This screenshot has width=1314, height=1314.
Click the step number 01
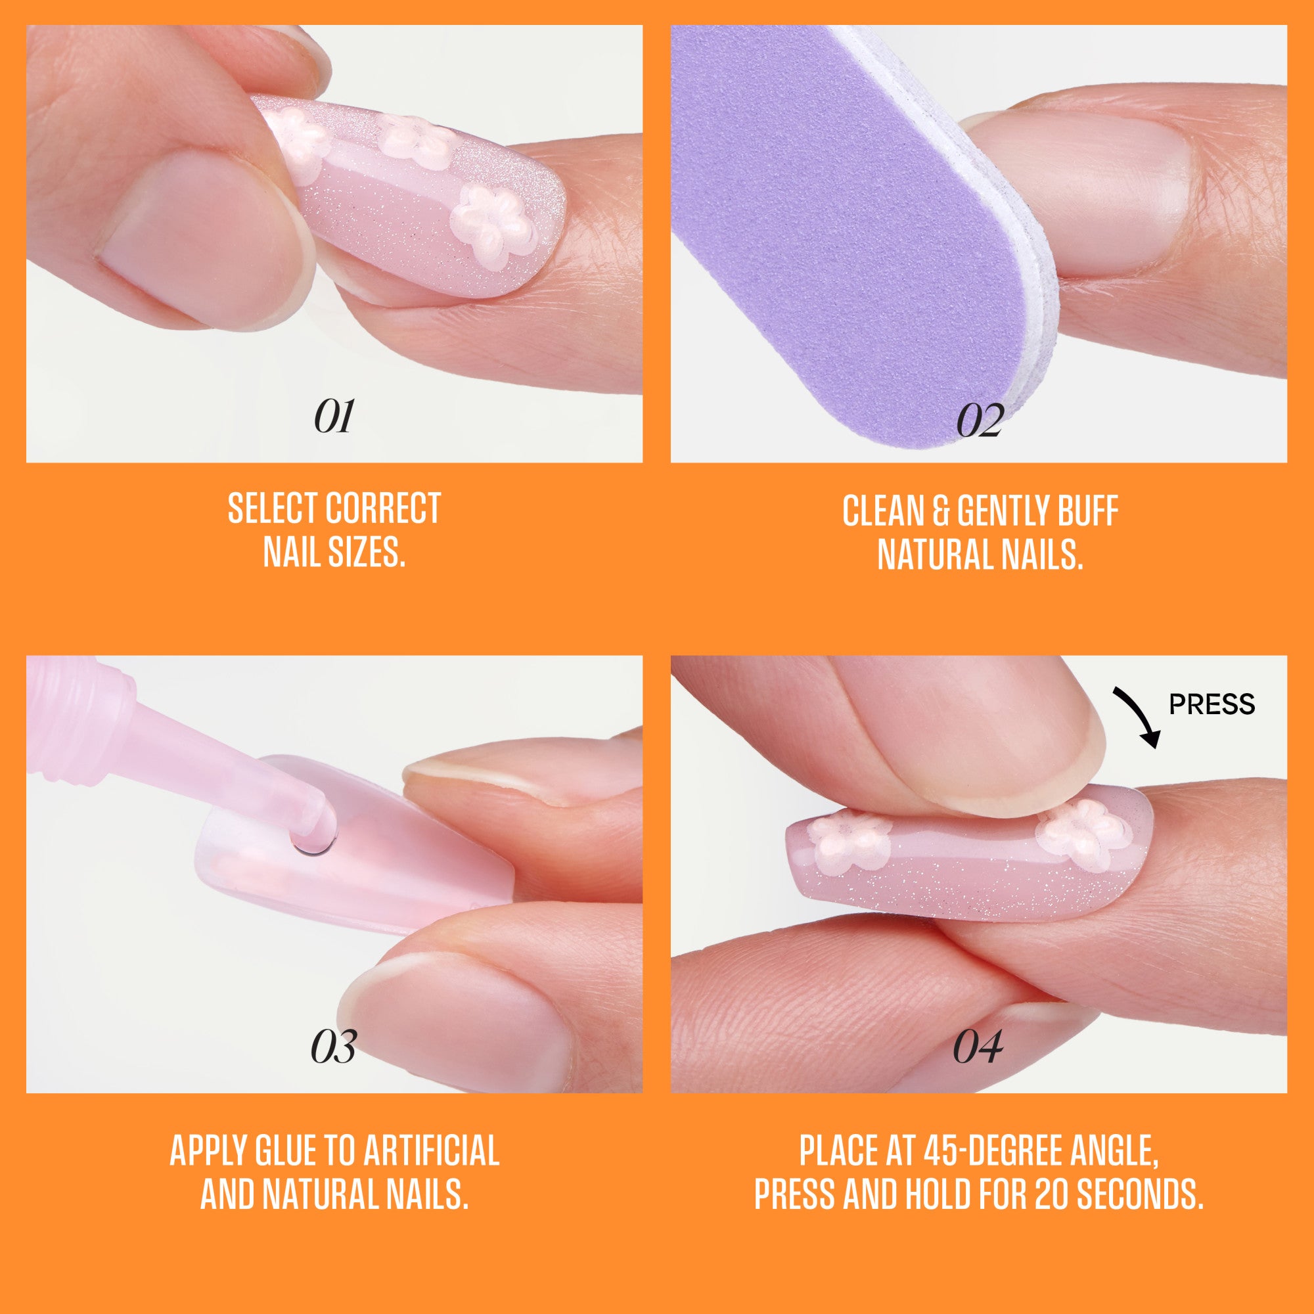[x=333, y=417]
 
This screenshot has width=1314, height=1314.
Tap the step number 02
[x=979, y=421]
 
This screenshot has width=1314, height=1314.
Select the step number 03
[x=333, y=1048]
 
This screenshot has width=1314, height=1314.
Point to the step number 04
[x=978, y=1048]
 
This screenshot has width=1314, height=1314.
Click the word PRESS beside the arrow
[x=1212, y=704]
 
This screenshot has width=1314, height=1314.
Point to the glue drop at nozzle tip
[x=313, y=838]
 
